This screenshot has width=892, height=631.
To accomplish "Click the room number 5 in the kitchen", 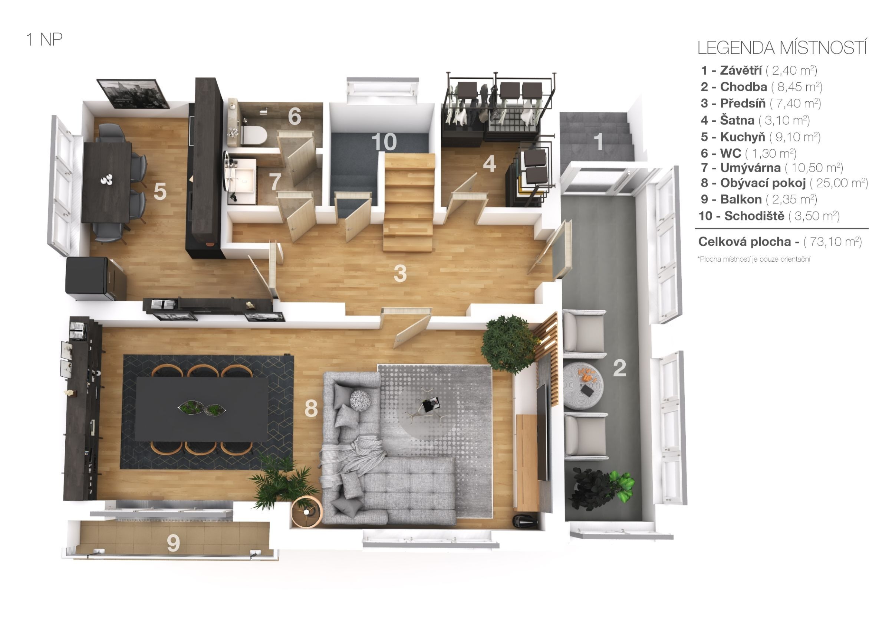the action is tap(160, 191).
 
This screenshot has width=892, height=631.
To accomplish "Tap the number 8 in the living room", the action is tap(311, 408).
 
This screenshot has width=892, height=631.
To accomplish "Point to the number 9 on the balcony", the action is tap(173, 543).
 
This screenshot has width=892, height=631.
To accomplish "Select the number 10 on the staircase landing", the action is tap(384, 141).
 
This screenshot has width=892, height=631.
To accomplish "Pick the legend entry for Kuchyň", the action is tap(760, 137).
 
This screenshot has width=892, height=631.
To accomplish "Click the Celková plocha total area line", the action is tap(780, 242).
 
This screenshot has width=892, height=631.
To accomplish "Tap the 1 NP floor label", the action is tap(44, 40).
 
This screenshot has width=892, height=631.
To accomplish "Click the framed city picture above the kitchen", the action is tap(132, 93).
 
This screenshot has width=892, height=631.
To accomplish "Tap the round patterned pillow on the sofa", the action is tap(360, 400).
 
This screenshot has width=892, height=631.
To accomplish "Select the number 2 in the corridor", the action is tap(619, 368).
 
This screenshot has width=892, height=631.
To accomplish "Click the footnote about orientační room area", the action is tap(754, 259).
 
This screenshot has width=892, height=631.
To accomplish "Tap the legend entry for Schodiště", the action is tap(769, 216).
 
